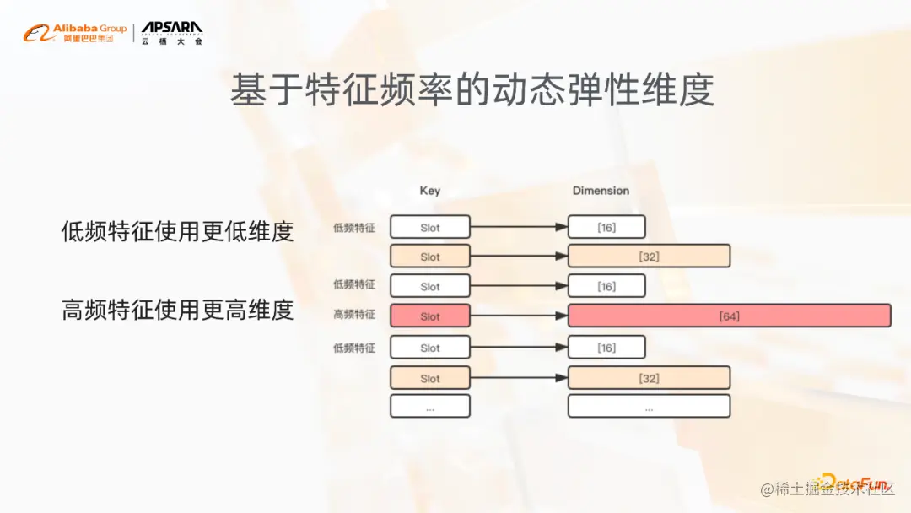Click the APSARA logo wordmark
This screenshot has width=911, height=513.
(172, 28)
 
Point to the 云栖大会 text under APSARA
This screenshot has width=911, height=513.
(172, 41)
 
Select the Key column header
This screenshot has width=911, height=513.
(429, 191)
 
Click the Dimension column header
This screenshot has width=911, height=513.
(601, 191)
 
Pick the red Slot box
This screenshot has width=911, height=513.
(429, 316)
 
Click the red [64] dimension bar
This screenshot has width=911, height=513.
(729, 316)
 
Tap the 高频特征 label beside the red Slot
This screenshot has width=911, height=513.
(354, 315)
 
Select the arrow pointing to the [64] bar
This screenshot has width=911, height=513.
(519, 316)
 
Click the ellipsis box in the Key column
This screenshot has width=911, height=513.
(429, 407)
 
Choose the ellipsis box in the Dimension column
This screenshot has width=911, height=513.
(648, 407)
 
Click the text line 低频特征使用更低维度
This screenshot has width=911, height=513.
(177, 231)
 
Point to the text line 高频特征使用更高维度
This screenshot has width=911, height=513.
(177, 310)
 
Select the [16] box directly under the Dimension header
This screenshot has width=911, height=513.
(606, 227)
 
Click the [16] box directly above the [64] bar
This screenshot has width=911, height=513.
(606, 286)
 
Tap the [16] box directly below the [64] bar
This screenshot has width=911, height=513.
(606, 348)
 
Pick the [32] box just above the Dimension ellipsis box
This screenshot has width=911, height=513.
(648, 378)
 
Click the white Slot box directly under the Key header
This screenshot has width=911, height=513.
(429, 227)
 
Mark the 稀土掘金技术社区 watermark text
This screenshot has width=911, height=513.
(827, 489)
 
